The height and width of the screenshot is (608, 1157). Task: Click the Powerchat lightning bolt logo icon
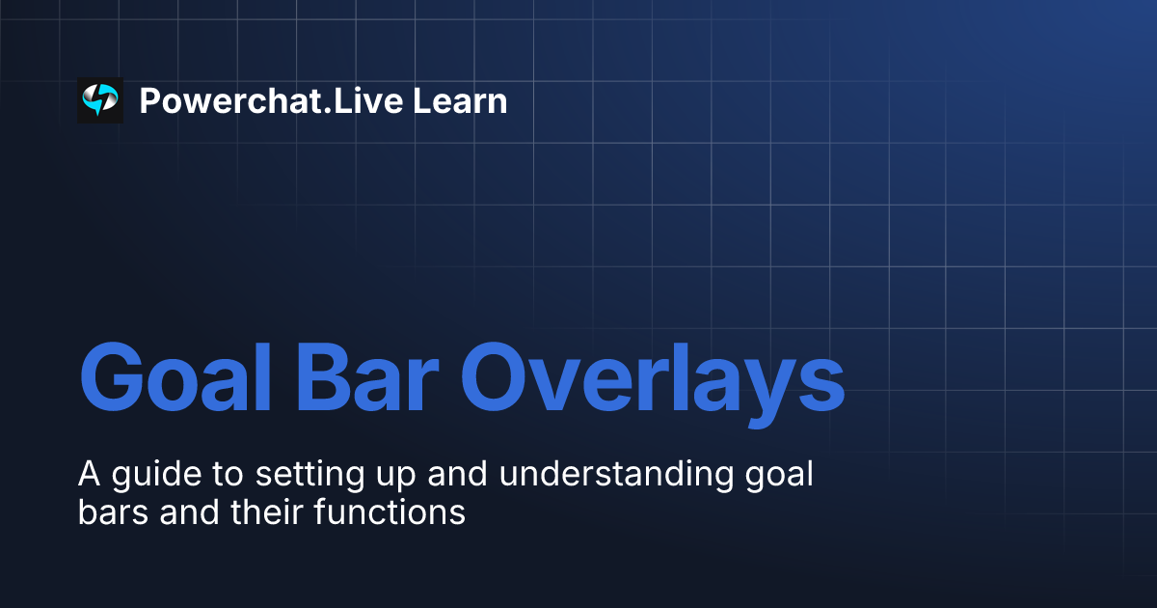pyautogui.click(x=100, y=100)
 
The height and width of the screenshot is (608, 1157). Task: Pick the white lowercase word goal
pyautogui.click(x=779, y=476)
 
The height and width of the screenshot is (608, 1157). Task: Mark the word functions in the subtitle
pyautogui.click(x=390, y=512)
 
